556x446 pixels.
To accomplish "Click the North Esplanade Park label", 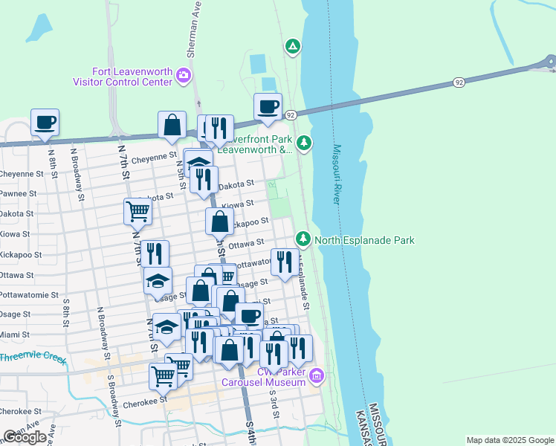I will pyautogui.click(x=364, y=240).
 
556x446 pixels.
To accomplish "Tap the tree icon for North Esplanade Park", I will pyautogui.click(x=303, y=239).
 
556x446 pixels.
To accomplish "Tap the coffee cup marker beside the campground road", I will pyautogui.click(x=268, y=106).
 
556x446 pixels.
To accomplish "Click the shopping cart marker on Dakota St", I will pyautogui.click(x=138, y=211).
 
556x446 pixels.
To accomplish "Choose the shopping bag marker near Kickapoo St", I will pyautogui.click(x=219, y=221).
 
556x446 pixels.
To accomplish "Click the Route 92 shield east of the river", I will pyautogui.click(x=459, y=82).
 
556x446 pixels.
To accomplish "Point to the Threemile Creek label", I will pyautogui.click(x=33, y=358).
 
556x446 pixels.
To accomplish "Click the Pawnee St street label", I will pyautogui.click(x=19, y=193).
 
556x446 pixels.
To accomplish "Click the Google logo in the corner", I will pyautogui.click(x=25, y=437).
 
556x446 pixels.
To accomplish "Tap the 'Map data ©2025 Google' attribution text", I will pyautogui.click(x=510, y=440).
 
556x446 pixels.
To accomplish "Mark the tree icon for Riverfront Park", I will pyautogui.click(x=303, y=143).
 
